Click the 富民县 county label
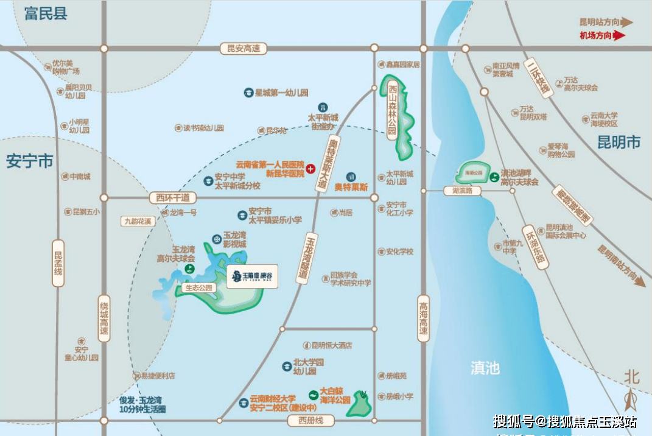tap(46, 14)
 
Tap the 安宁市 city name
tap(30, 162)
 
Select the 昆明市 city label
tap(619, 142)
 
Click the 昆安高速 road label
tap(244, 49)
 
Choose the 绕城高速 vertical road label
tap(105, 318)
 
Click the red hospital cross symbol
tap(310, 169)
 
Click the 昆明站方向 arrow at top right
tap(626, 23)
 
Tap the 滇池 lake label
tap(485, 368)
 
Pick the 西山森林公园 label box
tap(392, 110)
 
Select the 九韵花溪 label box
tap(137, 222)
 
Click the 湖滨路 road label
tap(461, 191)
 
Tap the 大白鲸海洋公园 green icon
tap(314, 395)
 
